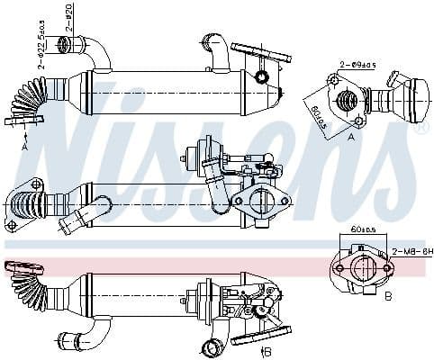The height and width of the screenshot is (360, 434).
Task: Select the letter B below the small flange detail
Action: pos(386,294)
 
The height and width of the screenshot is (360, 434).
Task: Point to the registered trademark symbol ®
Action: pos(420,129)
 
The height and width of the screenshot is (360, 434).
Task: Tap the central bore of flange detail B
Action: pos(364,266)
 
